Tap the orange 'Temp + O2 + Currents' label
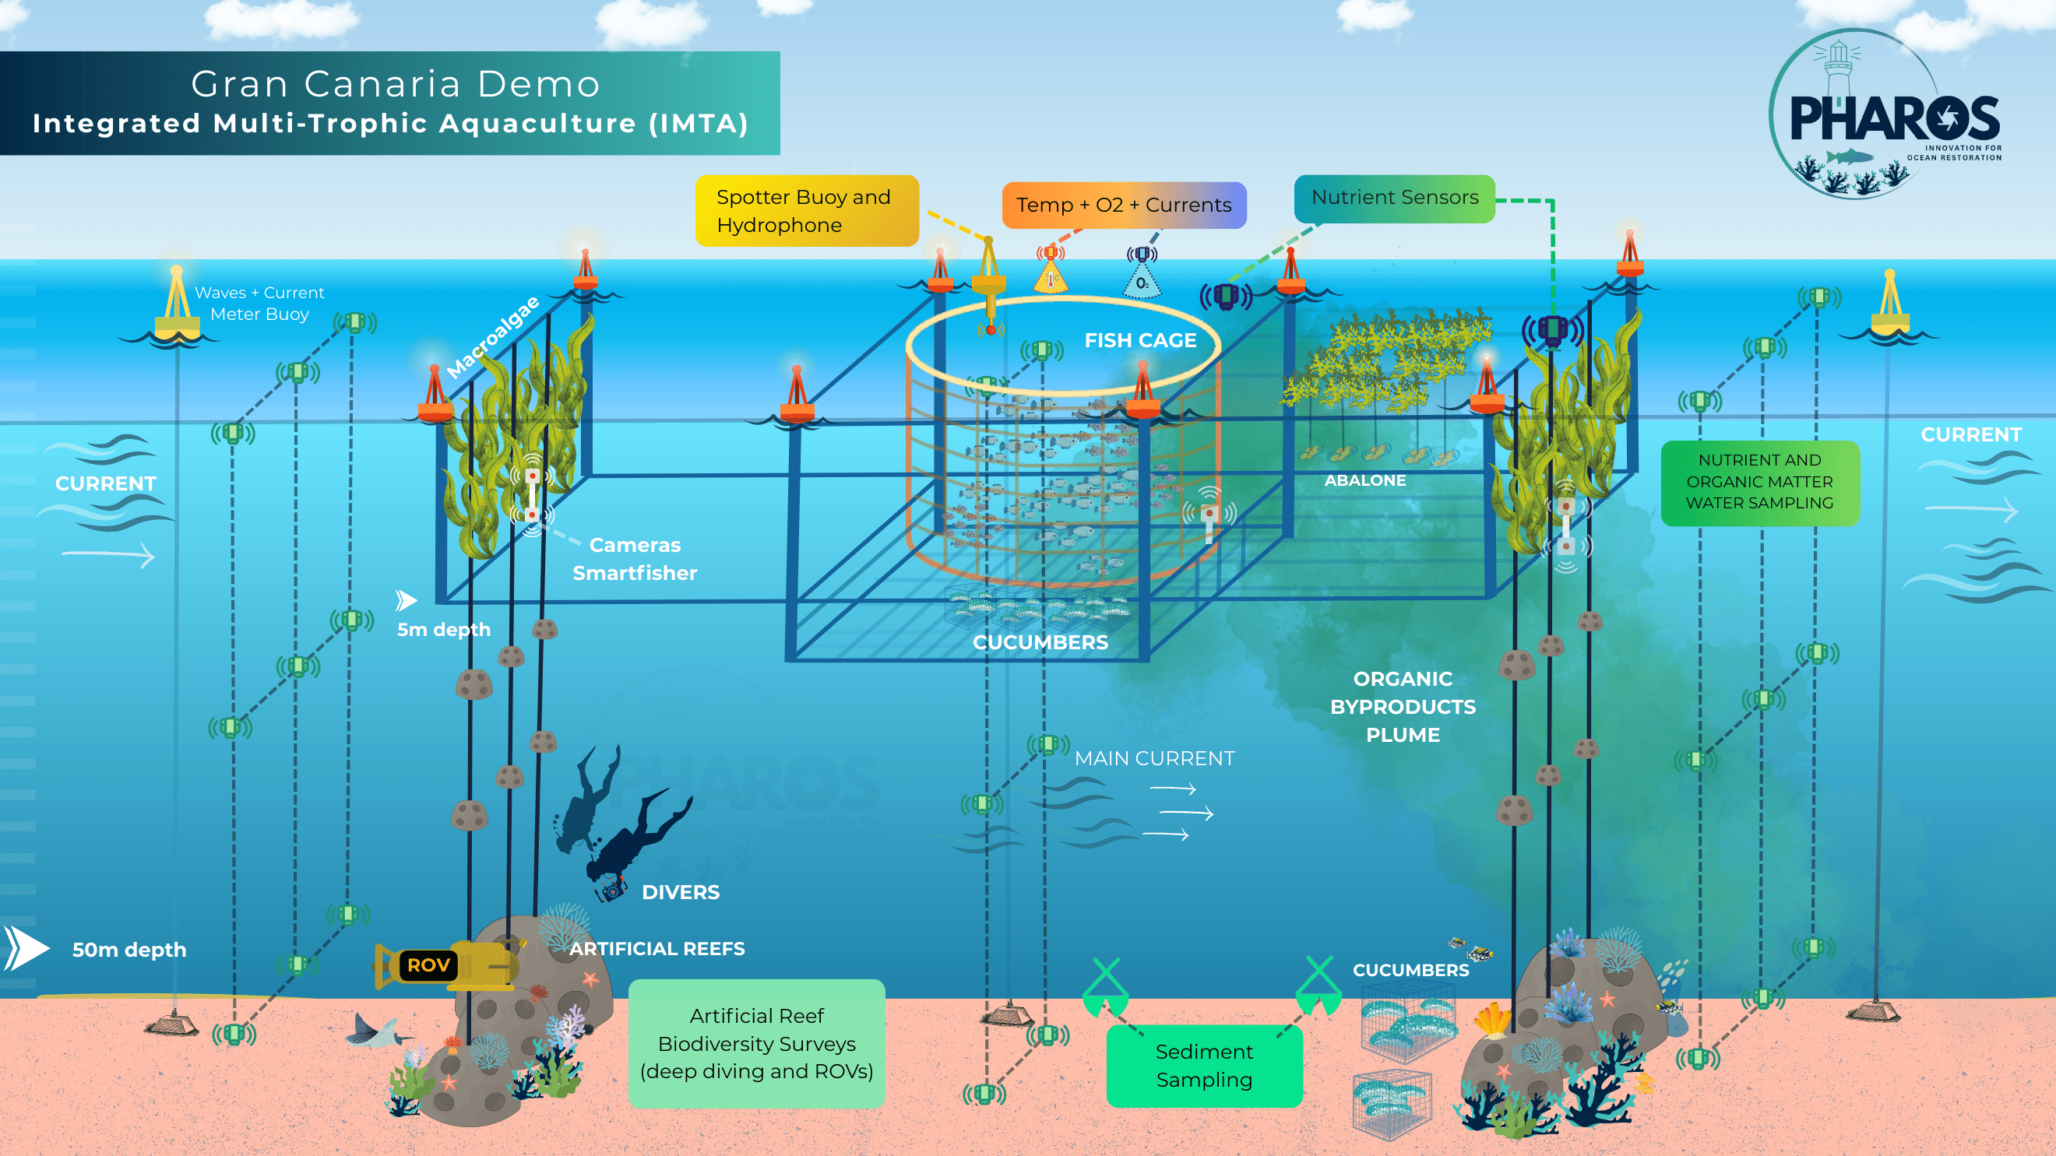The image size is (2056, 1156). pos(1123,205)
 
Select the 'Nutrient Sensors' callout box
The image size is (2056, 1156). pos(1393,198)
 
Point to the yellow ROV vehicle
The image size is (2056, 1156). pos(447,965)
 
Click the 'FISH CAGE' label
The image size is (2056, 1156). pos(1139,341)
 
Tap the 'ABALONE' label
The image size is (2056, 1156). pos(1364,480)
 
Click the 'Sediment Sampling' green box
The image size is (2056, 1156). pos(1203,1065)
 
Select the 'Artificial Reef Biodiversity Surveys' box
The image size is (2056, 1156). pos(756,1042)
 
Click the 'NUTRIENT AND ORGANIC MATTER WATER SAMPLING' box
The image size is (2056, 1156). pos(1759,482)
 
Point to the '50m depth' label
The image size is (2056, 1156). pos(128,950)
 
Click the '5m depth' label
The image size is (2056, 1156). pos(444,630)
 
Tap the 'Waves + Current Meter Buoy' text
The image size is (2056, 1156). pos(259,303)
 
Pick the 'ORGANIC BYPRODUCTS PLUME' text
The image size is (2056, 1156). pos(1403,707)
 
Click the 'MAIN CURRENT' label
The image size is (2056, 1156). pos(1154,758)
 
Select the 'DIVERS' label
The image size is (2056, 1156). pos(680,892)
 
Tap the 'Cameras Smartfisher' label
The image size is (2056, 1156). pos(635,558)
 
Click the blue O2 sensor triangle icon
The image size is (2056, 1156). pos(1142,282)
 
